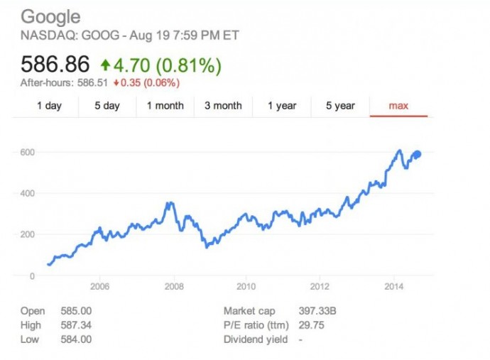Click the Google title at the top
50,17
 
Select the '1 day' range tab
48,106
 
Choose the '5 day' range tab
107,106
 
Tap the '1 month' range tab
165,106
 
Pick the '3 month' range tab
223,106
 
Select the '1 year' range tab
282,106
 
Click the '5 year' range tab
340,106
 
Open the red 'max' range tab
398,106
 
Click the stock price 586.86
55,65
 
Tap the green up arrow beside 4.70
105,65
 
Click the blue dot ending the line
418,155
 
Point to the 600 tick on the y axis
28,152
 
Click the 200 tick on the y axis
28,234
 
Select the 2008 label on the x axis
173,286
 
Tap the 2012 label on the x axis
320,286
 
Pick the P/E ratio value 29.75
300,325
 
